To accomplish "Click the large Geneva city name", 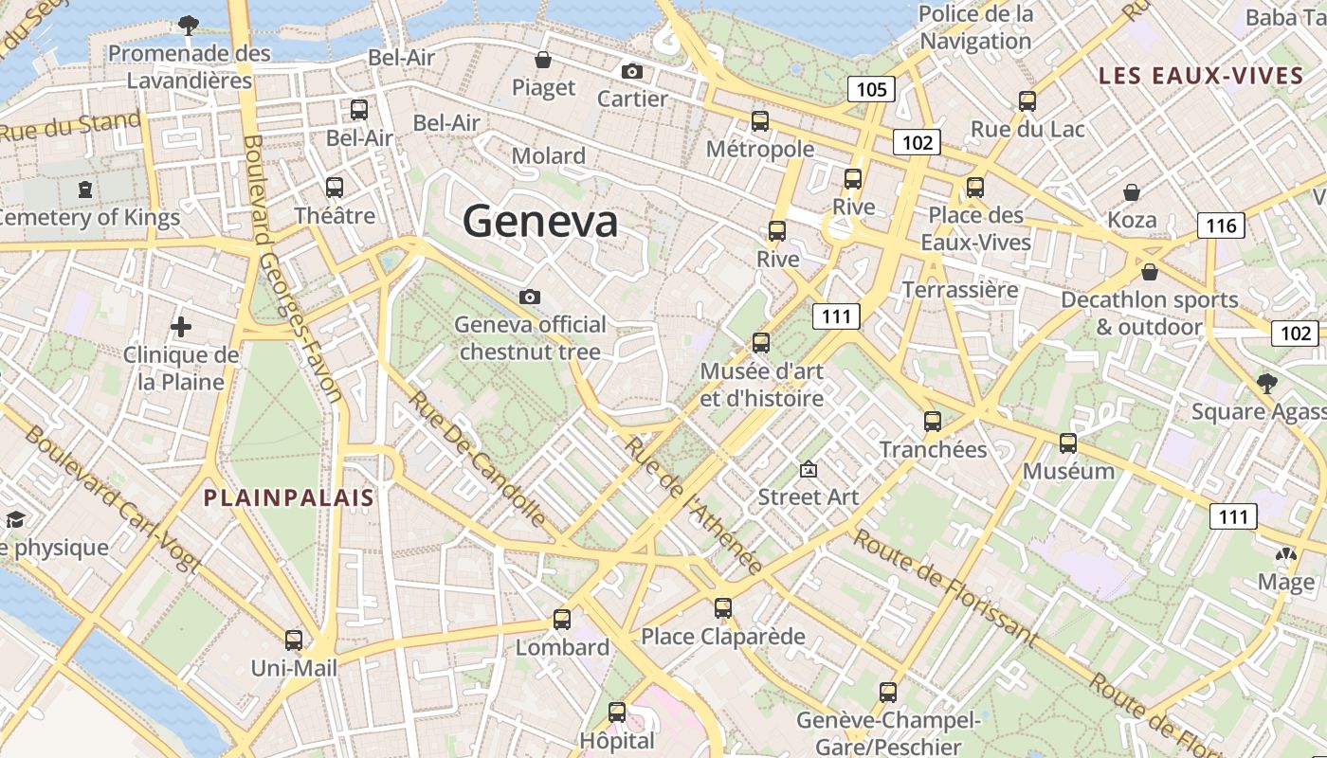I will (x=540, y=222).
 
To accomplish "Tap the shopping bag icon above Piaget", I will (x=543, y=61).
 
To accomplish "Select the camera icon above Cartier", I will (x=632, y=71).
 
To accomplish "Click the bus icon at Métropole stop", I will (x=760, y=121).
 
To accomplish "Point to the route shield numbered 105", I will (x=870, y=90).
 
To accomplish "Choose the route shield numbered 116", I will (x=1221, y=226).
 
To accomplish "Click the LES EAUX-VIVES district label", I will (x=1201, y=76).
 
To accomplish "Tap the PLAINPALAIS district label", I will (x=289, y=497).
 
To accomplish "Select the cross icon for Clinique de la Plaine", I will (x=181, y=328).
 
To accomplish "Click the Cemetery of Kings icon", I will (x=86, y=189).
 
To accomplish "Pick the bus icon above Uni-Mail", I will (x=294, y=641).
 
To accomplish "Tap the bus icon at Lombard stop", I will (x=562, y=620).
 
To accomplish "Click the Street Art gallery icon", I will (x=809, y=469).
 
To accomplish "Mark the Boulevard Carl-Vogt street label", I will (x=112, y=499).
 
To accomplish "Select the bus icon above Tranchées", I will (x=933, y=422).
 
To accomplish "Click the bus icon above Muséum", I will (x=1068, y=443).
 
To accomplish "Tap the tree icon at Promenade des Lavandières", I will (x=189, y=25).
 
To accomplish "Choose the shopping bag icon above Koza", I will (x=1132, y=192).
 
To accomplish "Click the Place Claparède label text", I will (x=723, y=636).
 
